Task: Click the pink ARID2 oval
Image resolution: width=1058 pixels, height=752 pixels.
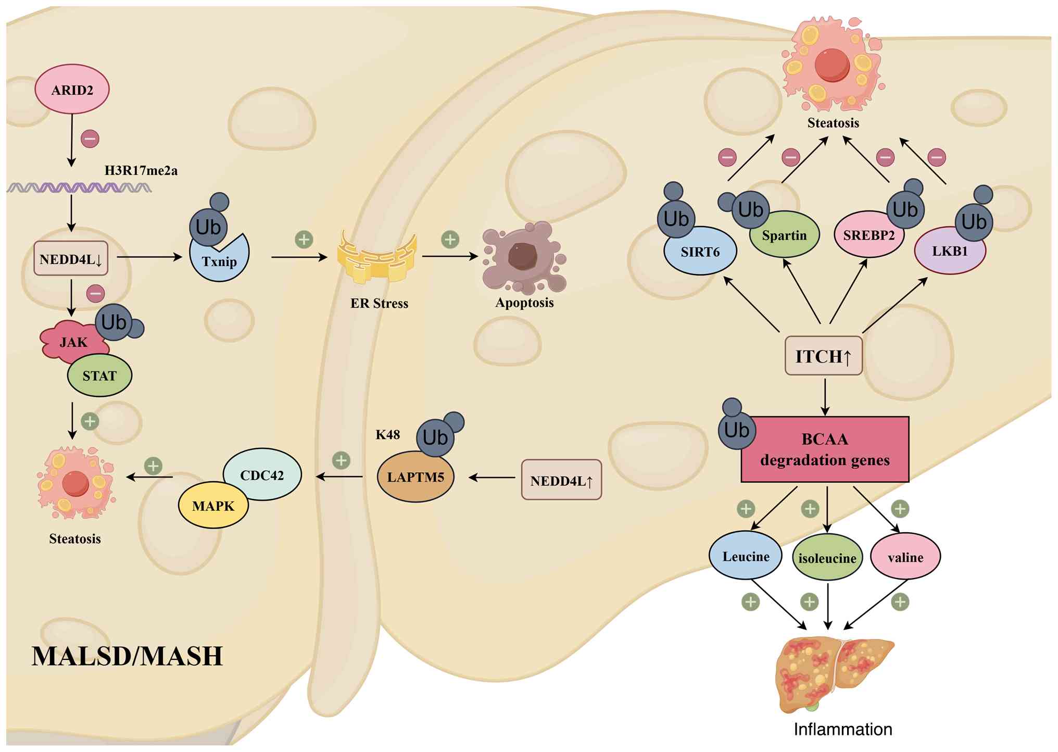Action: (72, 89)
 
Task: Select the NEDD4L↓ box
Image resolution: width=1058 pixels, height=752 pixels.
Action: (71, 258)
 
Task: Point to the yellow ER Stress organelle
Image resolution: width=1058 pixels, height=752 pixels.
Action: (377, 257)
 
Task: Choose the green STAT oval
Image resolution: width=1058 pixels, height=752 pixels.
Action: (99, 375)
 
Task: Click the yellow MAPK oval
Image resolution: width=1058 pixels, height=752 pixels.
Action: (213, 506)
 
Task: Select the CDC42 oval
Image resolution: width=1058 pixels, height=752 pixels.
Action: (262, 474)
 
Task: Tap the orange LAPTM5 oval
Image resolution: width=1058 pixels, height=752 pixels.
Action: (415, 477)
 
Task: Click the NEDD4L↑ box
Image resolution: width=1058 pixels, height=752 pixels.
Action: (561, 480)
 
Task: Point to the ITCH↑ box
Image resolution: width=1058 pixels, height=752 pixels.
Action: (823, 356)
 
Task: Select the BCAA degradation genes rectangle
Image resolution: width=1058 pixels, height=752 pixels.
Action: (825, 449)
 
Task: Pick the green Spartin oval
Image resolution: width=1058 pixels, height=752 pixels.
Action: (784, 235)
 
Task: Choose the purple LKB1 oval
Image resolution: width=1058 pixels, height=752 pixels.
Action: (950, 252)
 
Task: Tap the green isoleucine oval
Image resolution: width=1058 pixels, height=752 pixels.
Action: (827, 558)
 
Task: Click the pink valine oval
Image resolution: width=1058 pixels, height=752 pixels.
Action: (905, 557)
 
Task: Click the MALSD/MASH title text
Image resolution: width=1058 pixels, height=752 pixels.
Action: (128, 656)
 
